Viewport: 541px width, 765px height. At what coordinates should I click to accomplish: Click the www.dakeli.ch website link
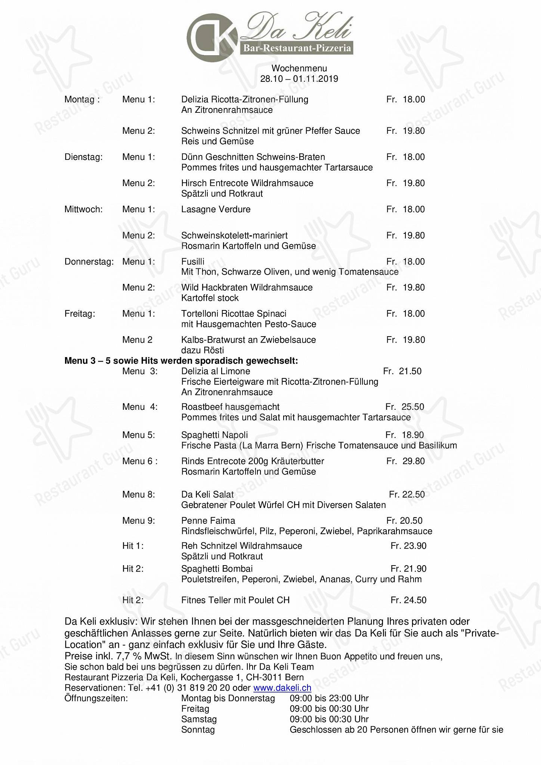[282, 688]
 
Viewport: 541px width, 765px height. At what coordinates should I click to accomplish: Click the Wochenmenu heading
[299, 68]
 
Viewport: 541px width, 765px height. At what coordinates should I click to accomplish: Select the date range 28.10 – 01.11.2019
[299, 79]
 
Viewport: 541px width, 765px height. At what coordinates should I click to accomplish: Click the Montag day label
[82, 99]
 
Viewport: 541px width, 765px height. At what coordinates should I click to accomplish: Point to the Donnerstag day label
[89, 261]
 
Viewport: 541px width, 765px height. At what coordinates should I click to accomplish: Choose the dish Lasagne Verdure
[216, 209]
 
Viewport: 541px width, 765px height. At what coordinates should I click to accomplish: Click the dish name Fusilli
[192, 261]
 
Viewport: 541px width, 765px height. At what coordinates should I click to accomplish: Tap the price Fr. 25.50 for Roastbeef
[405, 407]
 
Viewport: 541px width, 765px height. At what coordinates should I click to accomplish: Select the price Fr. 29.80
[405, 461]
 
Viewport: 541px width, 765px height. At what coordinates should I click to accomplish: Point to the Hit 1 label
[133, 546]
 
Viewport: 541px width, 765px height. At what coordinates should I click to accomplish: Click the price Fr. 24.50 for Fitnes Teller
[408, 600]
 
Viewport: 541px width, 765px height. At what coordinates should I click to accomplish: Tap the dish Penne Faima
[208, 520]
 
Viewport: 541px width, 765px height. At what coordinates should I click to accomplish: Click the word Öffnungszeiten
[96, 698]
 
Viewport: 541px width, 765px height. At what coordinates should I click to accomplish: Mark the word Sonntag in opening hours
[198, 730]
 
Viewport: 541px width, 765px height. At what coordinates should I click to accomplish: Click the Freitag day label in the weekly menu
[80, 313]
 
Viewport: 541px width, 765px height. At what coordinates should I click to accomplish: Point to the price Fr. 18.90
[405, 435]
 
